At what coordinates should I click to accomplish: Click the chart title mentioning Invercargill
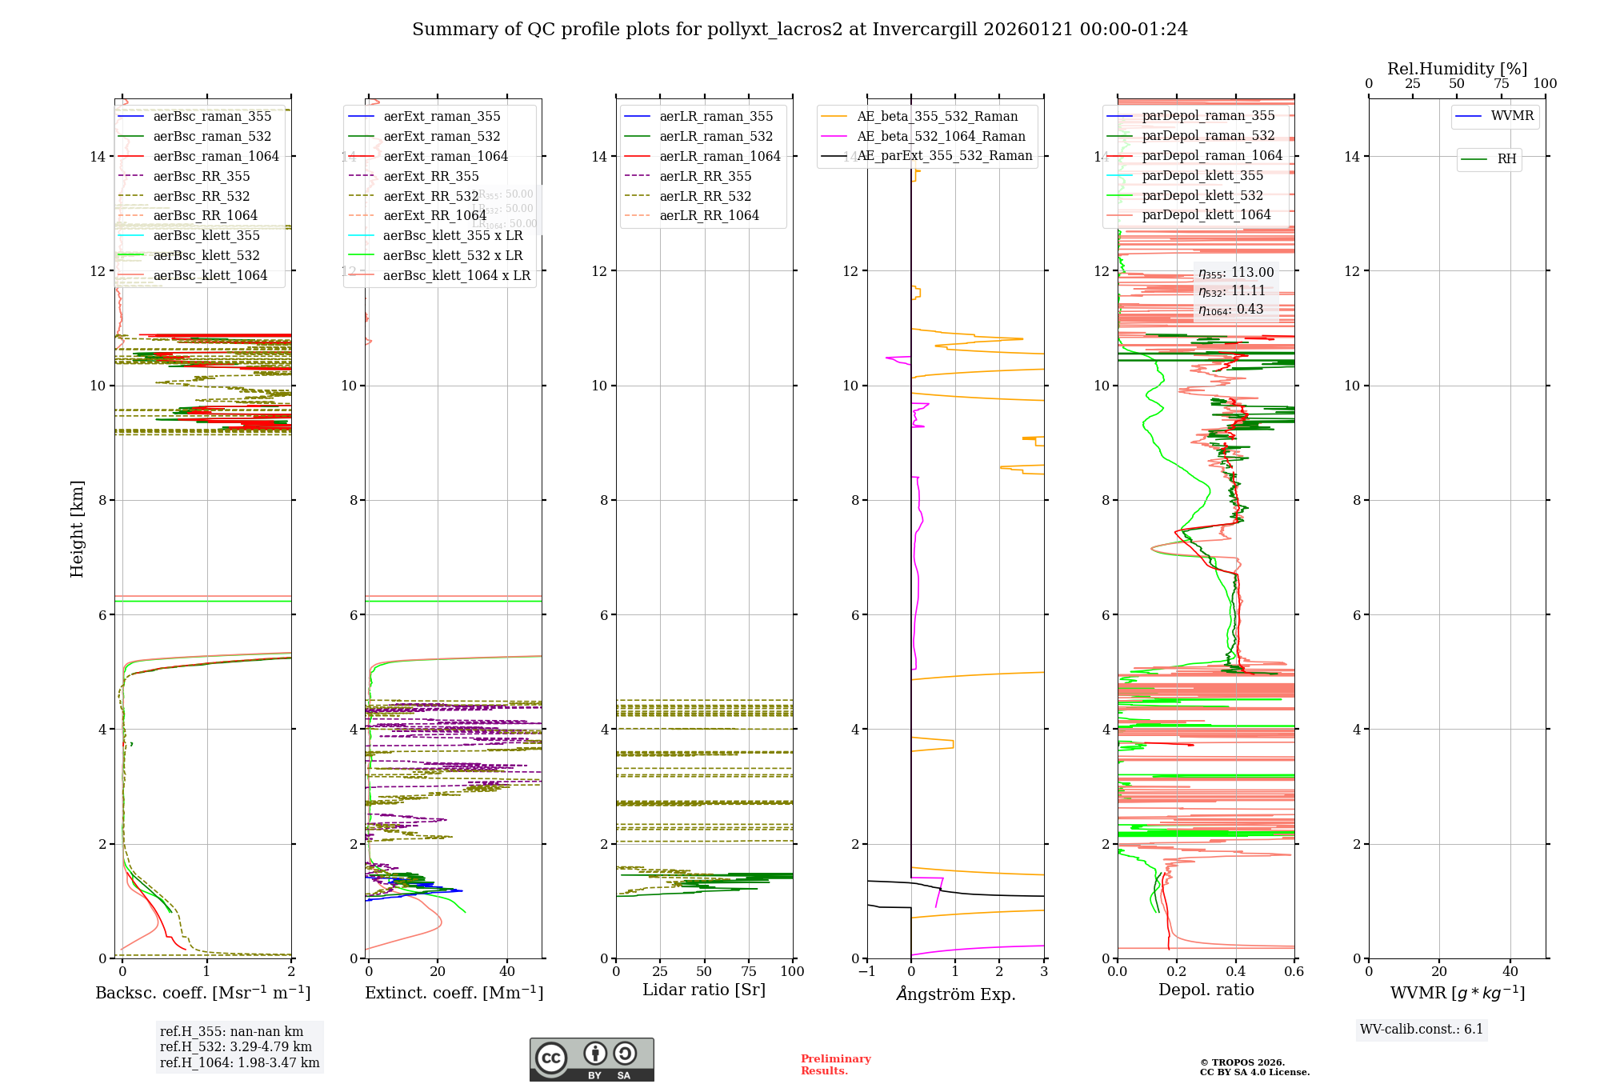coord(800,30)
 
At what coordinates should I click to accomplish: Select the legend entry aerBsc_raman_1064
coord(216,156)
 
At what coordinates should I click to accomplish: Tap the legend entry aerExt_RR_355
coord(431,176)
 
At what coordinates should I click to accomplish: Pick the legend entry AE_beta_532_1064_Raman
coord(941,136)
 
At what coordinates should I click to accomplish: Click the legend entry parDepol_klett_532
coord(1202,195)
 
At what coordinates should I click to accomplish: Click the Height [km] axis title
coord(77,528)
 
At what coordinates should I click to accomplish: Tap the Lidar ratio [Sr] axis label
coord(704,990)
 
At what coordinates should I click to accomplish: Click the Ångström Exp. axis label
coord(956,994)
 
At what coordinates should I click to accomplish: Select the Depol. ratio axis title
coord(1206,990)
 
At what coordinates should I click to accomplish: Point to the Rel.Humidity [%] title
coord(1457,69)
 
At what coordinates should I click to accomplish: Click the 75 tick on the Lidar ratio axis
coord(749,972)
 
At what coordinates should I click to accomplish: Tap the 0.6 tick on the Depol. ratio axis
coord(1294,972)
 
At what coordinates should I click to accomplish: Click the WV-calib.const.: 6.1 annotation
coord(1422,1030)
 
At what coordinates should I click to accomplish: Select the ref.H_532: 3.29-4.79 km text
coord(236,1047)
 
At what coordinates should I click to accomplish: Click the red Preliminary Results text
coord(835,1065)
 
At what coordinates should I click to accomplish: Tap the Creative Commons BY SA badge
coord(591,1060)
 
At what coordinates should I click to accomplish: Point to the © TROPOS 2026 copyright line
coord(1242,1062)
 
